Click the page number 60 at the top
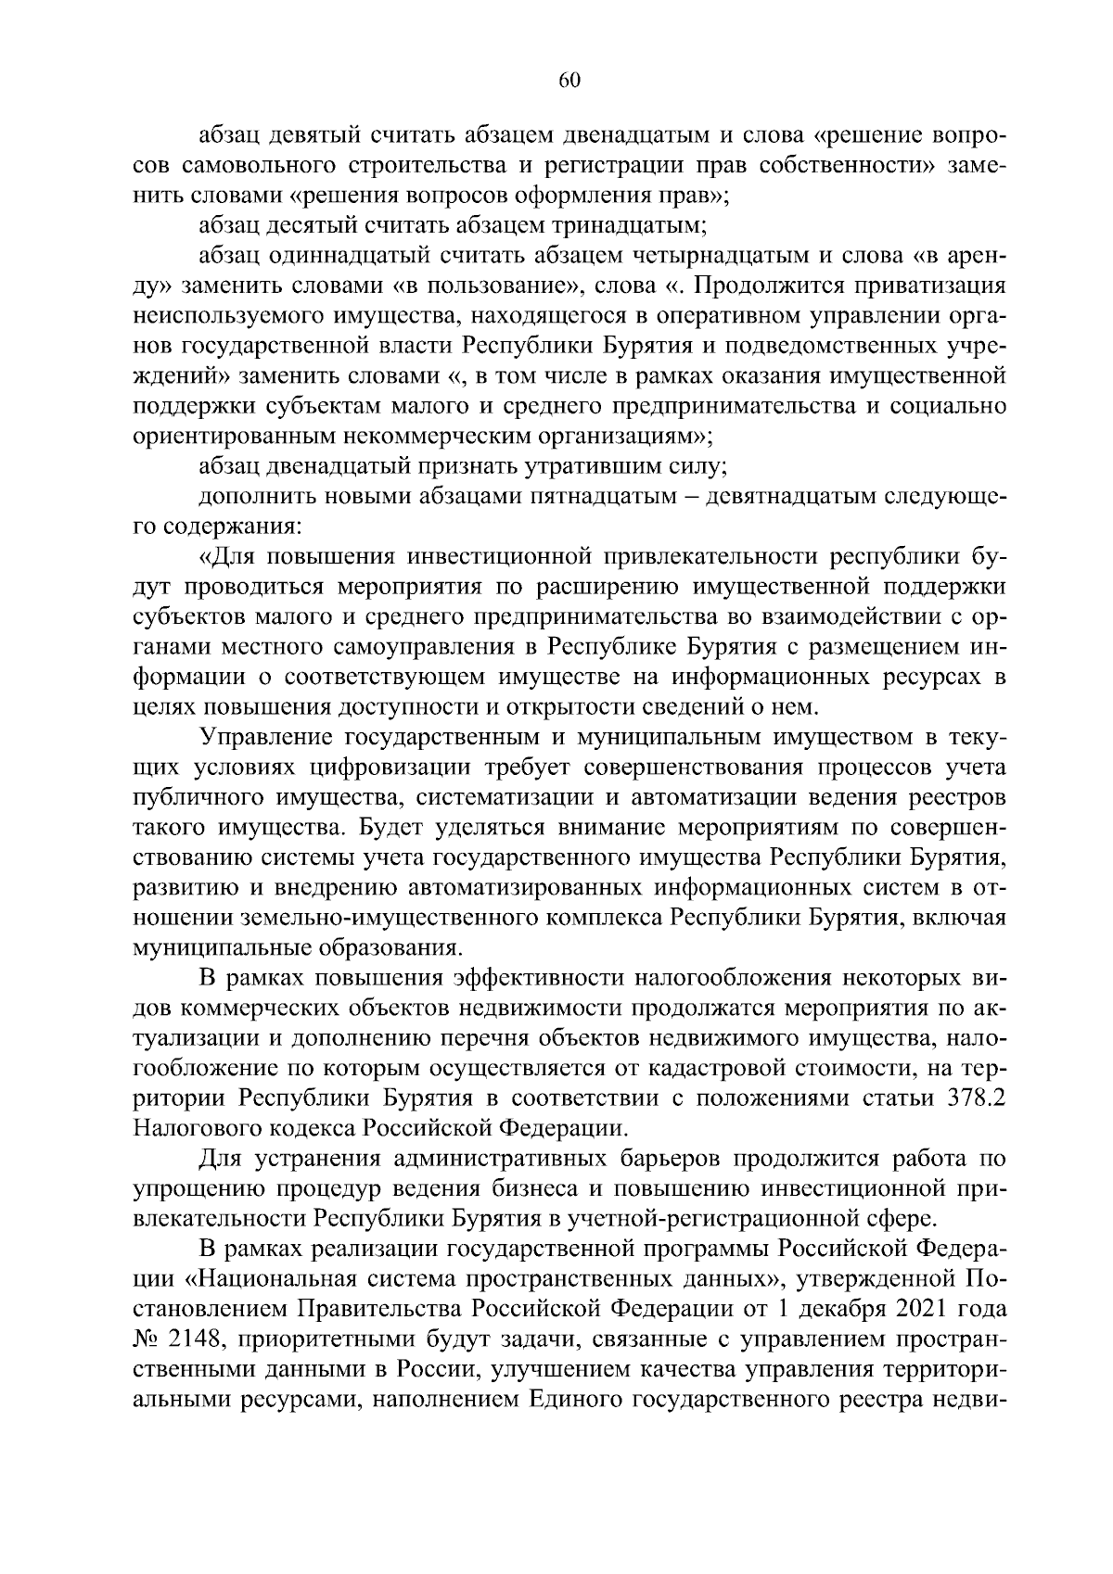coord(569,81)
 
